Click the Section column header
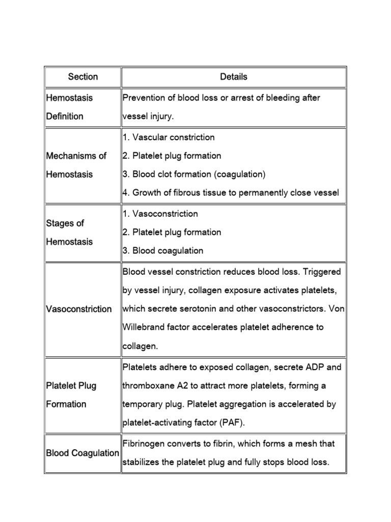[x=82, y=77]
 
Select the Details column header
[x=234, y=77]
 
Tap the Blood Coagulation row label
[x=82, y=453]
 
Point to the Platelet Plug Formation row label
[x=71, y=395]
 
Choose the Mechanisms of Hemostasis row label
[x=76, y=165]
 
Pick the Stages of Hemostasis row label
[x=69, y=232]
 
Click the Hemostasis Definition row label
[x=69, y=107]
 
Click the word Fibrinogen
[x=146, y=444]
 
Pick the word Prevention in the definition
[x=145, y=98]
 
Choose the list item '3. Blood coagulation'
[x=163, y=251]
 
